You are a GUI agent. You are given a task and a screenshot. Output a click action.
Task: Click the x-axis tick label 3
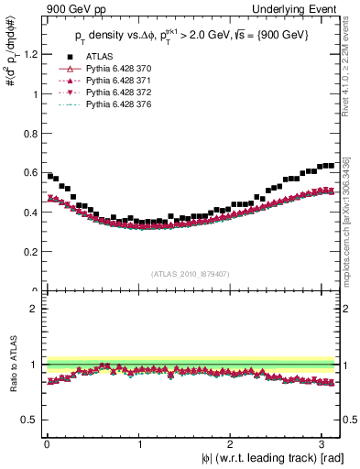[x=325, y=444]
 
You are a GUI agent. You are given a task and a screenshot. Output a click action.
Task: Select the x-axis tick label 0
[x=47, y=444]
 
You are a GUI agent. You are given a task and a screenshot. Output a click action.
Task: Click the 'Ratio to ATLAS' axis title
[x=11, y=365]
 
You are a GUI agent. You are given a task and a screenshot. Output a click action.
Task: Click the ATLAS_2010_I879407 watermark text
[x=190, y=272]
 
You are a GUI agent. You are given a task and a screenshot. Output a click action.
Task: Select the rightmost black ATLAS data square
[x=331, y=166]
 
